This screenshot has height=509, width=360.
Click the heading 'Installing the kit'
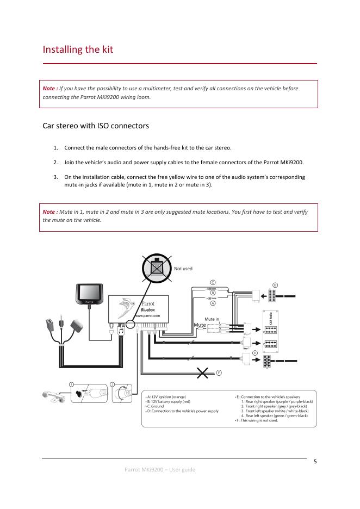pos(78,50)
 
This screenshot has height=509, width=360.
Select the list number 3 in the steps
pos(55,177)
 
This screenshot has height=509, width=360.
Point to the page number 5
pos(315,462)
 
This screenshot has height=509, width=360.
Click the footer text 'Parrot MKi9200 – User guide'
pos(160,469)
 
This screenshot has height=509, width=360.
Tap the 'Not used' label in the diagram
pos(183,268)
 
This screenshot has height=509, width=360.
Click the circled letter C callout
pos(213,282)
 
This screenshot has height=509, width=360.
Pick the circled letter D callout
pos(275,285)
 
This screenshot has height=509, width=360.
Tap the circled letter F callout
pos(219,373)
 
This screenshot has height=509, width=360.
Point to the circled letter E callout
pos(255,353)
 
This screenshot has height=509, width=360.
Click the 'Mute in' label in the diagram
pos(212,319)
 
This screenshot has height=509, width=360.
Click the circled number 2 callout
pos(112,384)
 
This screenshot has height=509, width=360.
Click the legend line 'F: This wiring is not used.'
pos(256,420)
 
